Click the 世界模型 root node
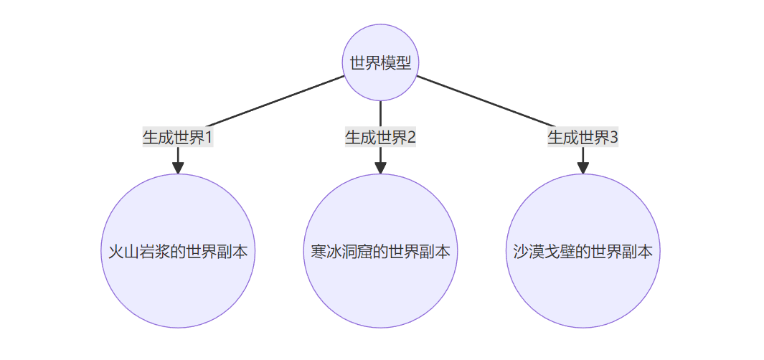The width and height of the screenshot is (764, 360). (x=380, y=62)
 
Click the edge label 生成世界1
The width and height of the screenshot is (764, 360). (x=178, y=137)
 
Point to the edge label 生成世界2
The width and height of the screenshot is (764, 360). (x=380, y=137)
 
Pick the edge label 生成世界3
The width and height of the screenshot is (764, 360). (x=583, y=137)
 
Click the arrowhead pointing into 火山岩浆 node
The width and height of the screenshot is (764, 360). (x=178, y=167)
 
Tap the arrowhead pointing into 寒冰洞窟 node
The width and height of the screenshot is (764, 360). (x=380, y=167)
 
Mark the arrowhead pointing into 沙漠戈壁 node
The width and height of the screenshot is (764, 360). (x=583, y=167)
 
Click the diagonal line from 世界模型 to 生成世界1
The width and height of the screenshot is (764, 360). (x=273, y=100)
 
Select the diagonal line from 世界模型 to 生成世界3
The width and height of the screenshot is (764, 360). (x=488, y=100)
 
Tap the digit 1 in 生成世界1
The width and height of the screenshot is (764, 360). (x=209, y=137)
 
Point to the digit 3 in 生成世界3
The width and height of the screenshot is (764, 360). (x=613, y=137)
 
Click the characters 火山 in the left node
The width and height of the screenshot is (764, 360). (x=115, y=252)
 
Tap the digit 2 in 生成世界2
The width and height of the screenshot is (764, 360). (x=411, y=137)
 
